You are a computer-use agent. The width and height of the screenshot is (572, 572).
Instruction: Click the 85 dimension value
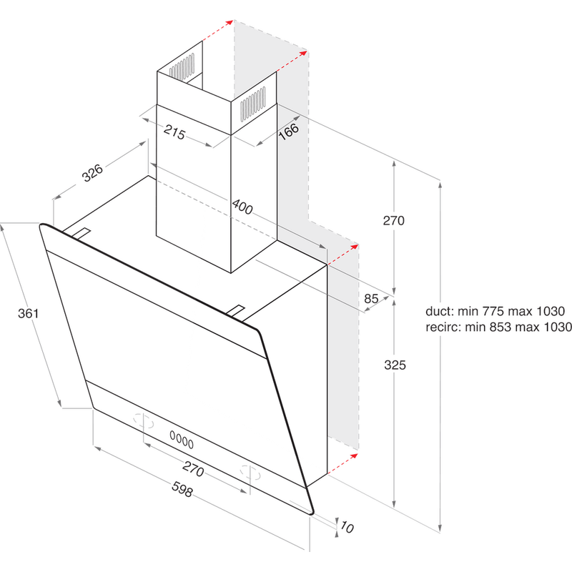(371, 299)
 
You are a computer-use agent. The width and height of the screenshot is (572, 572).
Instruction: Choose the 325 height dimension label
(394, 365)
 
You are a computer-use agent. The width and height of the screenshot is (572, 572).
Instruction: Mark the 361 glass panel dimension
(28, 313)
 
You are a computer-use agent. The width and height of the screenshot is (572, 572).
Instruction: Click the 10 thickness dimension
(347, 528)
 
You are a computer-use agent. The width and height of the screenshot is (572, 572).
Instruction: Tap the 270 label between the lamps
(193, 470)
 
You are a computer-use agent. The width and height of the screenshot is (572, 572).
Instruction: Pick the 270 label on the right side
(394, 220)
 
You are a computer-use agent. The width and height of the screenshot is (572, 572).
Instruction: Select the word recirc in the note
(443, 327)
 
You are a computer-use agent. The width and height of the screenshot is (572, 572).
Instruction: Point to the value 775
(494, 312)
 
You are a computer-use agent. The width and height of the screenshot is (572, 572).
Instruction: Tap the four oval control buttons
(181, 435)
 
